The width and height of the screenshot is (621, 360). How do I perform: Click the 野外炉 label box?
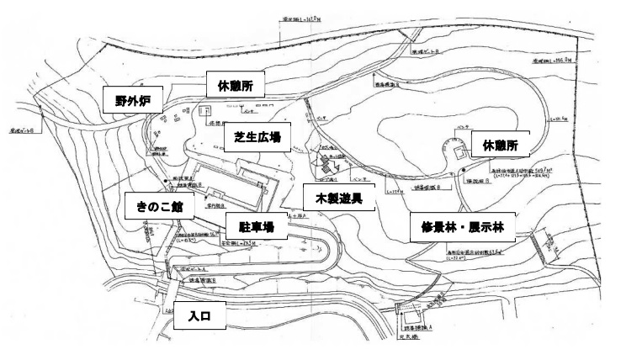click(132, 100)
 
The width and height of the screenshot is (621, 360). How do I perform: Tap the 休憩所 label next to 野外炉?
click(236, 85)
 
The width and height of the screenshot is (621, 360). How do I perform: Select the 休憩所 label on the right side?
click(501, 146)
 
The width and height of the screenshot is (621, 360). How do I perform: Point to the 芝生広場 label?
click(257, 136)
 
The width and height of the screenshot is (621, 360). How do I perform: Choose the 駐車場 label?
click(257, 226)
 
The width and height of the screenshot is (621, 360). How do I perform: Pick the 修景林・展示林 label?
click(462, 226)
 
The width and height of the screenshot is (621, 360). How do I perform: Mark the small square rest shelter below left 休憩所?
click(206, 109)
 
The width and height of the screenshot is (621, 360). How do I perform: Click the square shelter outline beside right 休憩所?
click(459, 153)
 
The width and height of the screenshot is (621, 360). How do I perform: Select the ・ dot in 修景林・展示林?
click(462, 226)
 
